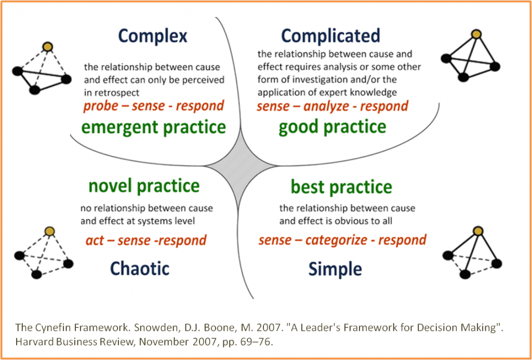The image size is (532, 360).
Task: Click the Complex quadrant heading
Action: click(152, 36)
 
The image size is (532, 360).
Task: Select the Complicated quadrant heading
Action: click(330, 36)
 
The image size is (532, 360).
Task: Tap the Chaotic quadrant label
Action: click(139, 269)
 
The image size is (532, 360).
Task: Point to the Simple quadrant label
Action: click(335, 269)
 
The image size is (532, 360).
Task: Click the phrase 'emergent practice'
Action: click(154, 127)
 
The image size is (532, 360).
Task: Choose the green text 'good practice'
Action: click(332, 127)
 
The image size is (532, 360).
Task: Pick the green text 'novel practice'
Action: click(144, 185)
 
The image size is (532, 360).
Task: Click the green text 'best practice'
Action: click(341, 186)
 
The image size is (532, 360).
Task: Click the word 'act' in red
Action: click(95, 241)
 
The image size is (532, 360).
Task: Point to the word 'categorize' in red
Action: click(332, 241)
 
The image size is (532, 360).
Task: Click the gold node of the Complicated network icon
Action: click(476, 34)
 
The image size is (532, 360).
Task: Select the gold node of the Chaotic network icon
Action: click(50, 231)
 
